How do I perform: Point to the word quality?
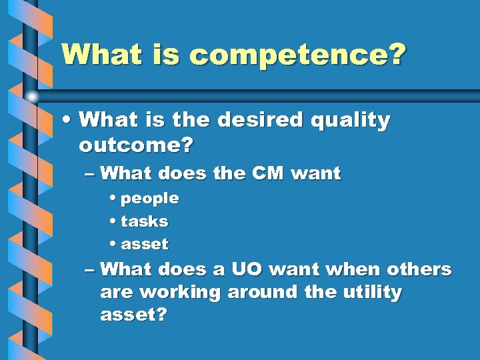coord(349,121)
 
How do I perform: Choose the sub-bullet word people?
coord(149,199)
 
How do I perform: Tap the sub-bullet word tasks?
coord(144,221)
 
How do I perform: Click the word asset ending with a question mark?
coord(133,315)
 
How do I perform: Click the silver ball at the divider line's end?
coord(32,97)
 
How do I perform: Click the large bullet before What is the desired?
coord(67,121)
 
